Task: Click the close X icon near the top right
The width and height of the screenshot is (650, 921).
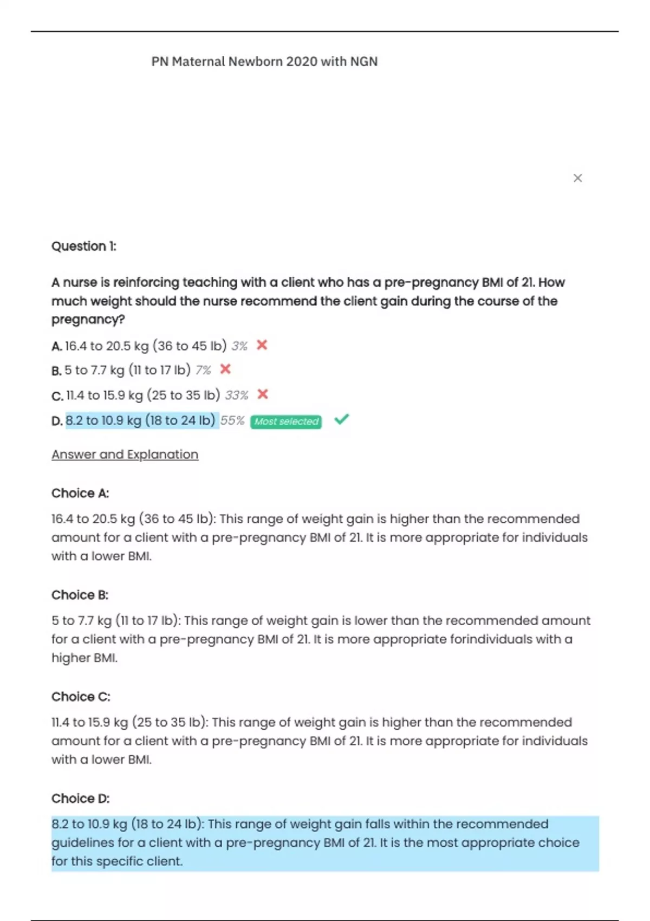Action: point(577,178)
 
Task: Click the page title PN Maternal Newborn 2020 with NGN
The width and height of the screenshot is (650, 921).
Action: point(264,62)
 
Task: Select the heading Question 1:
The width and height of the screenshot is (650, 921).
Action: point(84,247)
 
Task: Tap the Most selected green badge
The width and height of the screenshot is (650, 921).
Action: point(286,421)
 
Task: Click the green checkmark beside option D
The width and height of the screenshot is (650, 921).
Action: point(342,419)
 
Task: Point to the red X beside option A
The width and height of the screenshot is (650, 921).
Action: point(262,345)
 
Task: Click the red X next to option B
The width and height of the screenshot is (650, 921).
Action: point(225,369)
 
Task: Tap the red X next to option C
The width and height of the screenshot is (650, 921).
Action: point(263,394)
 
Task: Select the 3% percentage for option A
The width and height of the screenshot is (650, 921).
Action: point(239,346)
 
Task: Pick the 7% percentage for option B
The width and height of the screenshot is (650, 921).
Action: point(203,371)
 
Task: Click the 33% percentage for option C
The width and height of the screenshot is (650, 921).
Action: point(237,395)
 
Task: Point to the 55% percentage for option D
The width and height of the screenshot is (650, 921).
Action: point(232,421)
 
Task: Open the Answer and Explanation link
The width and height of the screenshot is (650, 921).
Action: point(125,455)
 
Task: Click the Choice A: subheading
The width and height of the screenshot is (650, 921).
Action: point(80,494)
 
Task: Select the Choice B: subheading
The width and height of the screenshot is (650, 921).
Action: point(80,595)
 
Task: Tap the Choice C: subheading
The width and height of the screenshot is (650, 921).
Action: point(81,697)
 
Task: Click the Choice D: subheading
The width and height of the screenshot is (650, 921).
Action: point(81,799)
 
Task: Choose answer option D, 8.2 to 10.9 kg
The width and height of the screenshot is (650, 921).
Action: point(140,421)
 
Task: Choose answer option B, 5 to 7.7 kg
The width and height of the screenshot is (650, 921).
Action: point(127,371)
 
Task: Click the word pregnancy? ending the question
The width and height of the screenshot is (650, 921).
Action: point(88,320)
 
